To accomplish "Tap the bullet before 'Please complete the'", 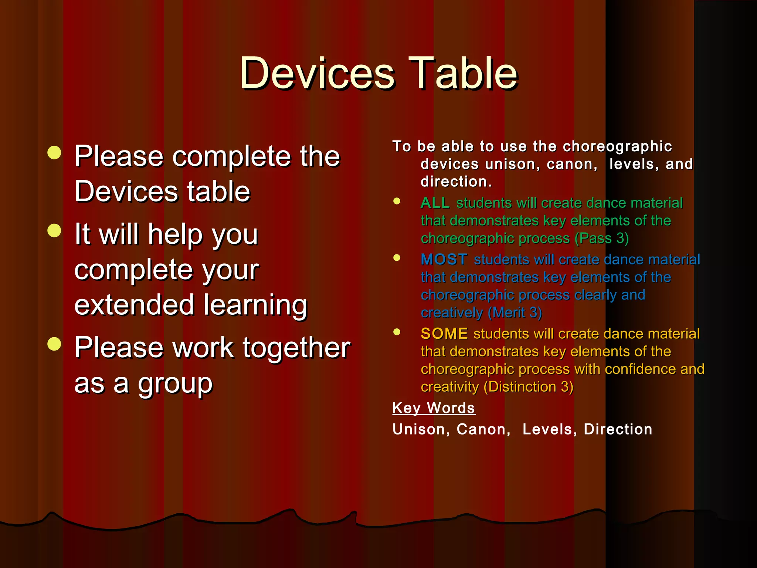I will [x=54, y=153].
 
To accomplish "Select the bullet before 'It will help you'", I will [x=54, y=231].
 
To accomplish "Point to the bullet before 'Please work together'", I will [x=54, y=344].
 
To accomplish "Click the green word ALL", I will [x=435, y=203].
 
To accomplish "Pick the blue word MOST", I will [x=444, y=260].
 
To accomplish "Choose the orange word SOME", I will [x=444, y=334].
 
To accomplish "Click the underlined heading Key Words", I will [x=434, y=408].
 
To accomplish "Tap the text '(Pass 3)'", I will [x=601, y=238].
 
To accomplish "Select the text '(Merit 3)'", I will [x=515, y=313].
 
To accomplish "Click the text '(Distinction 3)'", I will [x=528, y=387].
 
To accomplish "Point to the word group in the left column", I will [x=175, y=385].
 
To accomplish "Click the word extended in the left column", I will [x=134, y=305].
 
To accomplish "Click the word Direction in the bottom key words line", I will [x=618, y=429].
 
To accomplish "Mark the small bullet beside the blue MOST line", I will [x=397, y=258].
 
